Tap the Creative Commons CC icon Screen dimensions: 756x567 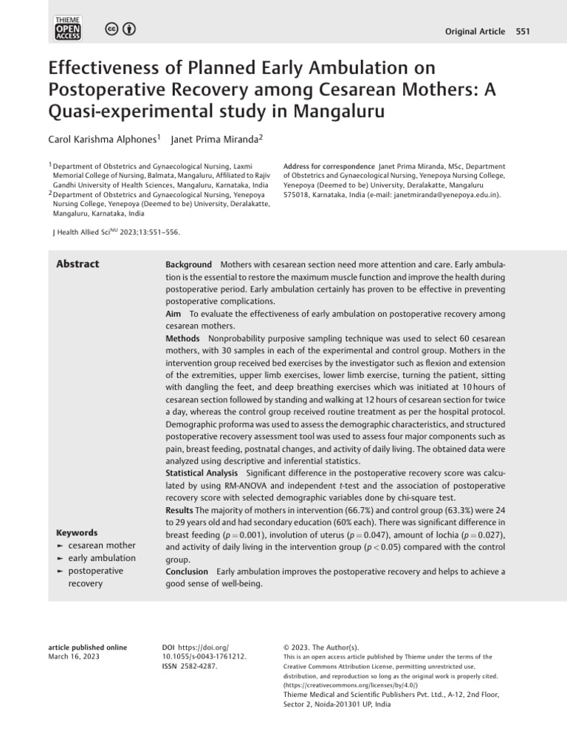click(111, 29)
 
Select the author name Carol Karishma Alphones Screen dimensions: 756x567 click(102, 139)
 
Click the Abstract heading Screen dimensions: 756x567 click(78, 264)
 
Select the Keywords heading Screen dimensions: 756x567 click(77, 532)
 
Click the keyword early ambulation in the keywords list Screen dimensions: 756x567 click(102, 558)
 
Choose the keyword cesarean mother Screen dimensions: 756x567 click(102, 545)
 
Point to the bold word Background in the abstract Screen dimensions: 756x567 click(188, 264)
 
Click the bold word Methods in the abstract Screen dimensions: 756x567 click(183, 337)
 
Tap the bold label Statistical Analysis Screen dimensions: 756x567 click(202, 472)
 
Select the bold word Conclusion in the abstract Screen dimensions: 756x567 click(188, 571)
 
